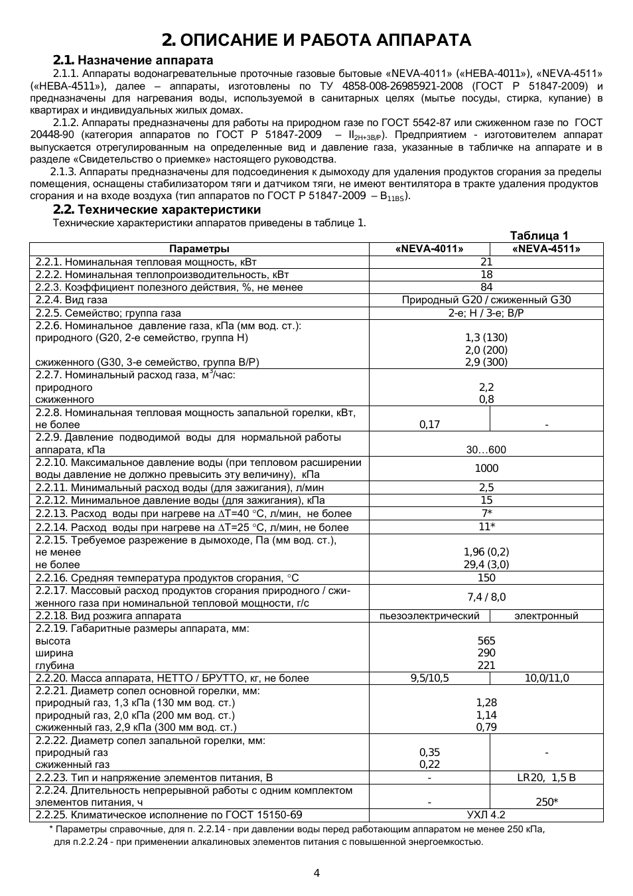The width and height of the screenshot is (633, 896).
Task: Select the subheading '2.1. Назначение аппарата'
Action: (133, 60)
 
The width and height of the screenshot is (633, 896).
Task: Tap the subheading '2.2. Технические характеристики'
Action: (157, 210)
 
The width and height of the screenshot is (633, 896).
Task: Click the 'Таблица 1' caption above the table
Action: (539, 236)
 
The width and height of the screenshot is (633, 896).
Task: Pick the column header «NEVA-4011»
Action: (429, 249)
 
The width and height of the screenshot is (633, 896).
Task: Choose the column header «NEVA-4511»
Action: (546, 249)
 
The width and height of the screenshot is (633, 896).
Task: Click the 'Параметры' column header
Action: (199, 249)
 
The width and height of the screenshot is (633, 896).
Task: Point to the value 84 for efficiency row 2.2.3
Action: (486, 287)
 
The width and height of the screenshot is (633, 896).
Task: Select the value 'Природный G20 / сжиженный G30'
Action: (486, 300)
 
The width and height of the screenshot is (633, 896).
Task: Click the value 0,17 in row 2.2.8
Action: (429, 425)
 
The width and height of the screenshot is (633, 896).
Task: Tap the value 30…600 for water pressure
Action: (486, 450)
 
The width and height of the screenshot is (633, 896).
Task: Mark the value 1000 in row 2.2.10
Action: (486, 469)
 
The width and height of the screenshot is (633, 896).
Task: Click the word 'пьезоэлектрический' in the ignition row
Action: (429, 616)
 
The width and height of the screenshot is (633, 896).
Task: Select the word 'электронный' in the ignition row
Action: (546, 616)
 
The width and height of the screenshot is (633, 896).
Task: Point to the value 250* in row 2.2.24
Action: (546, 802)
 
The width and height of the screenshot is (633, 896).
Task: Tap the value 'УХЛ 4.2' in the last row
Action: (486, 815)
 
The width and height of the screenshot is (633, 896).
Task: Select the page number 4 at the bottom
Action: (316, 873)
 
